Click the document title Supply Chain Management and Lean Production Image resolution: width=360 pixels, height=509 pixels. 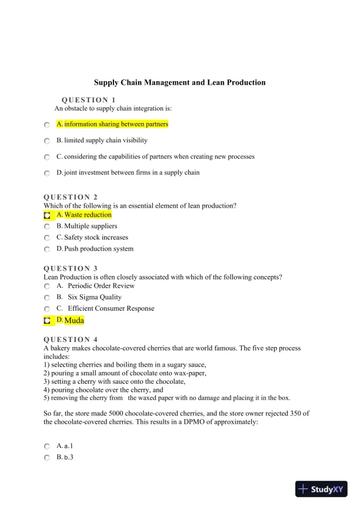(180, 83)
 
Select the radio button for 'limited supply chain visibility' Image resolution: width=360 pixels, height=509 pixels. (47, 141)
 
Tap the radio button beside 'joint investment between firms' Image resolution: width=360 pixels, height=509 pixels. (47, 174)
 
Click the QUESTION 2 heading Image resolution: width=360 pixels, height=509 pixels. (71, 197)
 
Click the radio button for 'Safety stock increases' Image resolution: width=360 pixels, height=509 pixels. (47, 238)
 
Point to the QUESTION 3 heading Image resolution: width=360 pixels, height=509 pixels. (71, 268)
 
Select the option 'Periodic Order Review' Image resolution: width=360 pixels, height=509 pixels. (101, 286)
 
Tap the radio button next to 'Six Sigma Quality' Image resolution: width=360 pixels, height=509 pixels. (47, 298)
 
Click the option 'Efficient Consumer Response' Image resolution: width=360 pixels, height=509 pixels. (111, 308)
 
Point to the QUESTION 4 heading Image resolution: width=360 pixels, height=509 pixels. (71, 340)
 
